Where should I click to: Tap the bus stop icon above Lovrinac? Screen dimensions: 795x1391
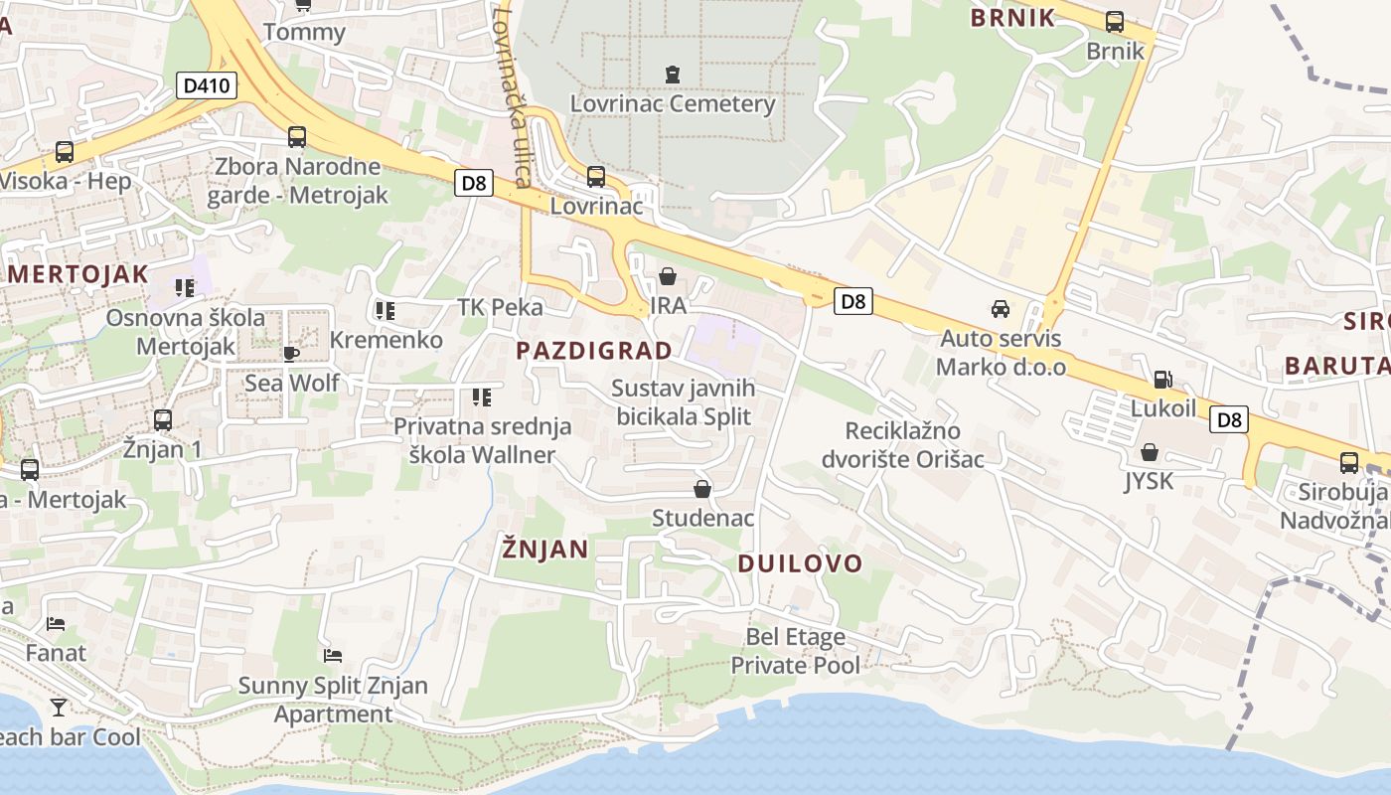click(595, 176)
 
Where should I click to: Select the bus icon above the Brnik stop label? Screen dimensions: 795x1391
click(1114, 21)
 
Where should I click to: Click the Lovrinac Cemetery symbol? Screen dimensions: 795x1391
click(673, 74)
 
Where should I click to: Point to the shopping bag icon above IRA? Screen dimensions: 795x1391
click(667, 275)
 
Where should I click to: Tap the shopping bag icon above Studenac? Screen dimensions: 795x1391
click(702, 489)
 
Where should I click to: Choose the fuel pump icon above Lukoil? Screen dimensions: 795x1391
click(1161, 379)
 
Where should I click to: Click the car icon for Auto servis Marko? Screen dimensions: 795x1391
click(1000, 309)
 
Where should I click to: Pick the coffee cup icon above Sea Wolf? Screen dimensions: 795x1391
click(291, 354)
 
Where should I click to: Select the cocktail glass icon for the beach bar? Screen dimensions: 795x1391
click(59, 707)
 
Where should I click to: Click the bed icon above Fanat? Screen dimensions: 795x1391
click(56, 624)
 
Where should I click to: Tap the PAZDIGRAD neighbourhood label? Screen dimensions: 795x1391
click(594, 350)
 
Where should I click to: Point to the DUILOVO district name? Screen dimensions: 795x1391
click(800, 563)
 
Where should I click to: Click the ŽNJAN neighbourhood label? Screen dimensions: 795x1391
click(545, 549)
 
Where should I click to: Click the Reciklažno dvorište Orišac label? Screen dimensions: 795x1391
click(914, 444)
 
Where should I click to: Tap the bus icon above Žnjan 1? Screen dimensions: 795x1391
click(163, 420)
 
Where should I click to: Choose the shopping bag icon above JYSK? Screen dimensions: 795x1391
click(1149, 452)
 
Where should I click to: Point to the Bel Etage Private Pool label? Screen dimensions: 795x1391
click(796, 651)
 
